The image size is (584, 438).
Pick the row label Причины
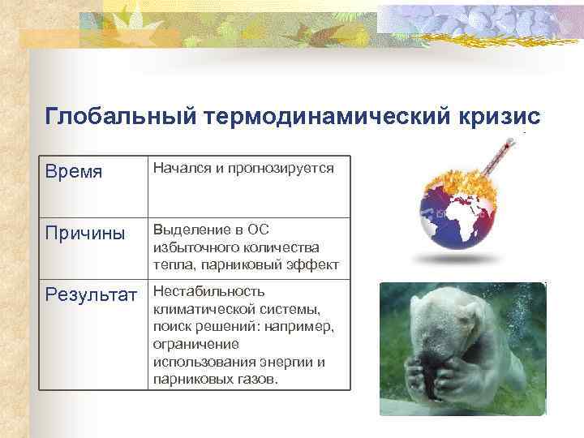pos(85,234)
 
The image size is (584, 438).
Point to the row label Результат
pos(92,294)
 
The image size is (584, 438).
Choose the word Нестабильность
pos(208,291)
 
